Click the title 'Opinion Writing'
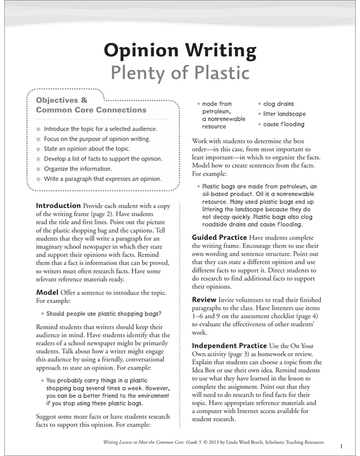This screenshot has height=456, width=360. pos(180,50)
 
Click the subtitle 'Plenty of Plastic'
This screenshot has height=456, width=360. pos(180,72)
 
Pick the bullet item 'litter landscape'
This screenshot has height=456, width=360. pos(285,114)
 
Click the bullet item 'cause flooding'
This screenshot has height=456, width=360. pos(283,124)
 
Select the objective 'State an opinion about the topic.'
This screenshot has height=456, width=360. pos(87,149)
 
